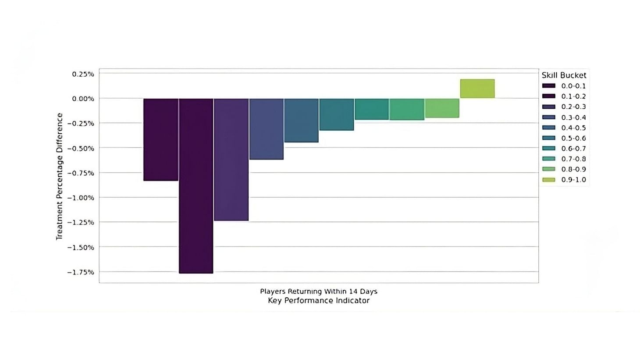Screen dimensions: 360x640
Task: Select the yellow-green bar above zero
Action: (x=477, y=89)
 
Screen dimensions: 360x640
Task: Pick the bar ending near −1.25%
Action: (x=231, y=159)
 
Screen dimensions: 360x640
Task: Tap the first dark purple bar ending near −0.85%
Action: (x=160, y=139)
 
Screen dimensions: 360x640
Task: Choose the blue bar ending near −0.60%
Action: (x=266, y=128)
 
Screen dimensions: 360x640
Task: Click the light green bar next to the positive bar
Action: (x=442, y=108)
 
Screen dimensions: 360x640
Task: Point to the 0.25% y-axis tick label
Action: (x=83, y=74)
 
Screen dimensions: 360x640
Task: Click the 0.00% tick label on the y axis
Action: (x=83, y=99)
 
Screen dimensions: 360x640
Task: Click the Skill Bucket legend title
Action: (x=564, y=75)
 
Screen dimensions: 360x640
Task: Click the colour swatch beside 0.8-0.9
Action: (x=548, y=169)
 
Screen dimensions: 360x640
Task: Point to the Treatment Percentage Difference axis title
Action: (x=60, y=176)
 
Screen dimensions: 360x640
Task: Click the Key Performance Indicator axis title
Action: (x=319, y=301)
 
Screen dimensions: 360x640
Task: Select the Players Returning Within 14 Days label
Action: (x=319, y=291)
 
